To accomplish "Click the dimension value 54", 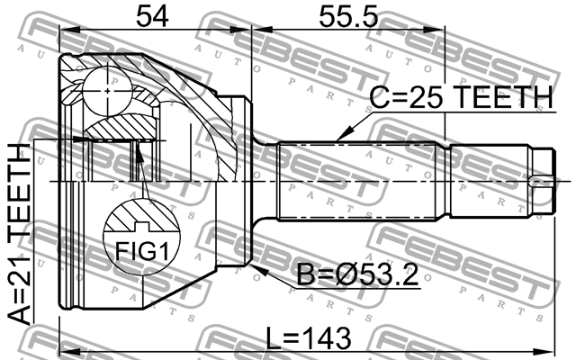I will [154, 15].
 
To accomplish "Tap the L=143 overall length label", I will [309, 337].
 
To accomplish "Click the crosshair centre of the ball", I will [106, 90].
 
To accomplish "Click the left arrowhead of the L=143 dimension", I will [63, 347].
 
